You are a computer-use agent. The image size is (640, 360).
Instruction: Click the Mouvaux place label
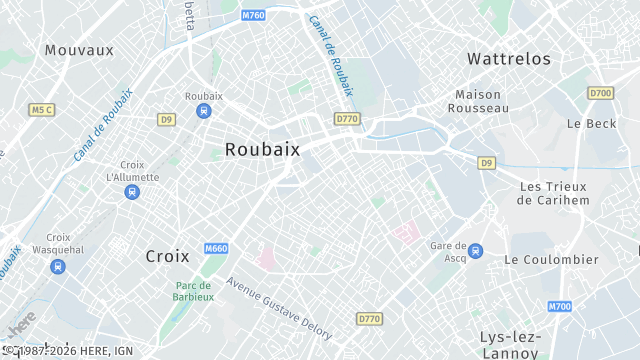click(79, 49)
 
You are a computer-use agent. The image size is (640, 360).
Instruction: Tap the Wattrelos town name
click(509, 59)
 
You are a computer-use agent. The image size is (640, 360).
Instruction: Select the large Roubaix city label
click(262, 149)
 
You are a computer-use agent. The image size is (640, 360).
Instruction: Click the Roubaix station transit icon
click(204, 111)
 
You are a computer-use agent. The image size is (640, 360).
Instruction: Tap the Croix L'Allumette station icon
click(132, 191)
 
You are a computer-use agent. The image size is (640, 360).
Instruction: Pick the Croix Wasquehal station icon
click(59, 267)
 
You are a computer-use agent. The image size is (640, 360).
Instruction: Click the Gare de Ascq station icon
click(476, 250)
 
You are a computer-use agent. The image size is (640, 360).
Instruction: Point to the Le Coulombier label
click(551, 259)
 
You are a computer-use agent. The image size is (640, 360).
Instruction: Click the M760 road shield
click(254, 15)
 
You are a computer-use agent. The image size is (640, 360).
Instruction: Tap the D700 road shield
click(600, 93)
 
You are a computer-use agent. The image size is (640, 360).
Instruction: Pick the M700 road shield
click(560, 306)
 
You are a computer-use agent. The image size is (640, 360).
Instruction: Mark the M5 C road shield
click(41, 109)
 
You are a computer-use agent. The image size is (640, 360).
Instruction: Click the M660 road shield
click(216, 248)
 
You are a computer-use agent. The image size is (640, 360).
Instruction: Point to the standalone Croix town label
click(167, 256)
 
